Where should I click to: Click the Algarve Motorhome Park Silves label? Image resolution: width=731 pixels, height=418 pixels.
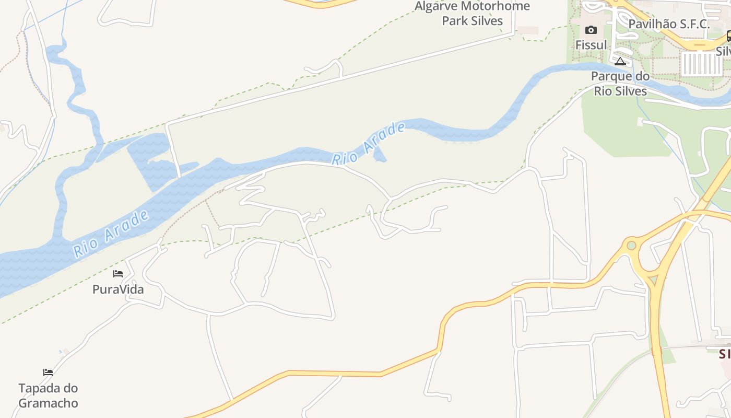pyautogui.click(x=472, y=14)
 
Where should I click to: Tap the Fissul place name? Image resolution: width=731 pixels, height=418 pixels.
pyautogui.click(x=591, y=45)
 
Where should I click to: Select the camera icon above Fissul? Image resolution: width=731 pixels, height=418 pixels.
pyautogui.click(x=591, y=30)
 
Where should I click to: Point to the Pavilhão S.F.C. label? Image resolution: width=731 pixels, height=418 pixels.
pyautogui.click(x=669, y=24)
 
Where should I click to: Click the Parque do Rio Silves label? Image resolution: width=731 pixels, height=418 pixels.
pyautogui.click(x=620, y=84)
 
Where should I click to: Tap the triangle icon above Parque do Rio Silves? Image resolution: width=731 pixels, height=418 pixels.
pyautogui.click(x=620, y=62)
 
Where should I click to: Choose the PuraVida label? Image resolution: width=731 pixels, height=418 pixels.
pyautogui.click(x=118, y=289)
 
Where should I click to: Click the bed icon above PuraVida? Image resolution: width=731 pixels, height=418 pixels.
pyautogui.click(x=118, y=273)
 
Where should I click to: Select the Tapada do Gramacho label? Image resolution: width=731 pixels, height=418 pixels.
pyautogui.click(x=48, y=396)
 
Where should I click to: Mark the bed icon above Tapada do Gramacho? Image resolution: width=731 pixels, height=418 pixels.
pyautogui.click(x=48, y=373)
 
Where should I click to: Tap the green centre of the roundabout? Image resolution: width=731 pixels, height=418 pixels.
pyautogui.click(x=631, y=245)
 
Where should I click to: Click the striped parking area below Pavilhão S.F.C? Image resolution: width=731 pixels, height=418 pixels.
pyautogui.click(x=701, y=64)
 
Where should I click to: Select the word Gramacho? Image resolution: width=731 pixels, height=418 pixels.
pyautogui.click(x=48, y=403)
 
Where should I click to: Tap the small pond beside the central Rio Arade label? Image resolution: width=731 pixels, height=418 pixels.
pyautogui.click(x=380, y=155)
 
